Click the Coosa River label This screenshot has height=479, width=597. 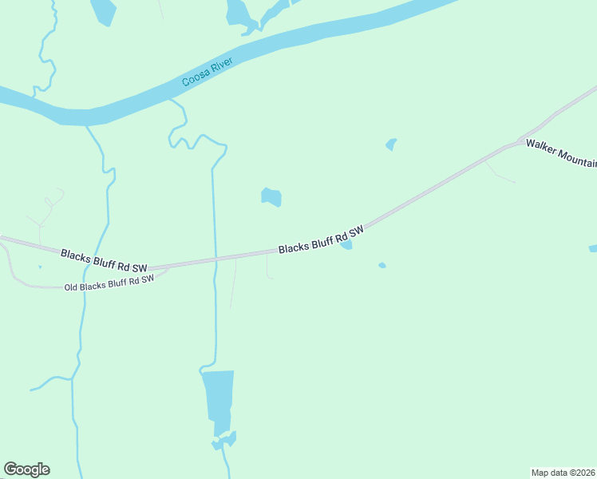pyautogui.click(x=207, y=73)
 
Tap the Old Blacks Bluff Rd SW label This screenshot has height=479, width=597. pyautogui.click(x=108, y=283)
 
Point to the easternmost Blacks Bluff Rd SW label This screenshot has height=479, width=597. pyautogui.click(x=321, y=239)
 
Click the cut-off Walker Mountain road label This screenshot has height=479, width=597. pyautogui.click(x=561, y=154)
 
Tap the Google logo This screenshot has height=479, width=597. pyautogui.click(x=26, y=469)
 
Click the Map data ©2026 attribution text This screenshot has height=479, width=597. pyautogui.click(x=563, y=472)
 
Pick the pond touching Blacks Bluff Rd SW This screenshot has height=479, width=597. pyautogui.click(x=346, y=245)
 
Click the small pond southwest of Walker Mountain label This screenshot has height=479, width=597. pyautogui.click(x=391, y=144)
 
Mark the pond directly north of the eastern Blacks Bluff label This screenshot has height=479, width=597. pyautogui.click(x=271, y=196)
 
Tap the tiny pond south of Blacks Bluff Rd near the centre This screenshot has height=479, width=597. pyautogui.click(x=382, y=265)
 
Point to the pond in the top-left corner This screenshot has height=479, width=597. pyautogui.click(x=103, y=11)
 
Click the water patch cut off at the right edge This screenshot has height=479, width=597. pyautogui.click(x=593, y=249)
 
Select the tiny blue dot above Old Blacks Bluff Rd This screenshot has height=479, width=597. pyautogui.click(x=40, y=267)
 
